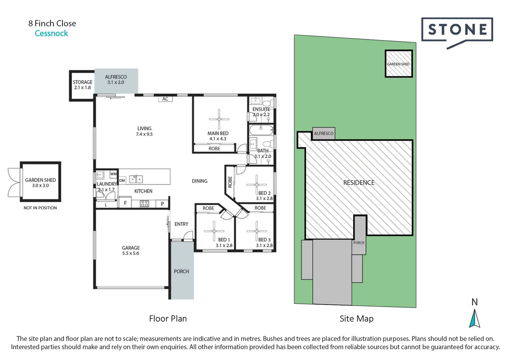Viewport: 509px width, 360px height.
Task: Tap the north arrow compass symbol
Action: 474,318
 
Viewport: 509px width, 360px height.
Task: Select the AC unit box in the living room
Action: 165,99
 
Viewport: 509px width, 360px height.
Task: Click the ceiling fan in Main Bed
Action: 219,119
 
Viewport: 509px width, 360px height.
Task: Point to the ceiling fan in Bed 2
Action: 256,185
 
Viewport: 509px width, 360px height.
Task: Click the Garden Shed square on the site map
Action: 398,64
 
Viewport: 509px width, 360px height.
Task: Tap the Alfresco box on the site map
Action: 323,133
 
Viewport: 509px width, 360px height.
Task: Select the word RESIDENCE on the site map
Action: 359,183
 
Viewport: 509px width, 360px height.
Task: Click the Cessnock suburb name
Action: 51,33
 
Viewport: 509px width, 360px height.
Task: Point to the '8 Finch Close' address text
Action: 52,23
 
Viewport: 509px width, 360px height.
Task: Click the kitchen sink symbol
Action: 136,179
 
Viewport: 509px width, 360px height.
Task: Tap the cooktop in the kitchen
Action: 144,203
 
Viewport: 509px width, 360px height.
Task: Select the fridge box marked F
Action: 125,203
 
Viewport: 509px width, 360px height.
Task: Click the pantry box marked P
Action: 162,204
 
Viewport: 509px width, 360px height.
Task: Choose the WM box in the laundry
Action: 113,174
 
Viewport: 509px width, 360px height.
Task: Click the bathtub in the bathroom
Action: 261,129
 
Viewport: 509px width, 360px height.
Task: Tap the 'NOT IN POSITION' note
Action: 40,208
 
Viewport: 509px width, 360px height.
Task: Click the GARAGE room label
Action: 131,248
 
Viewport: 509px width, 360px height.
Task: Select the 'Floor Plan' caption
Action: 168,319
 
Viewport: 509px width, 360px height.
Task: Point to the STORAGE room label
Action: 82,82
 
